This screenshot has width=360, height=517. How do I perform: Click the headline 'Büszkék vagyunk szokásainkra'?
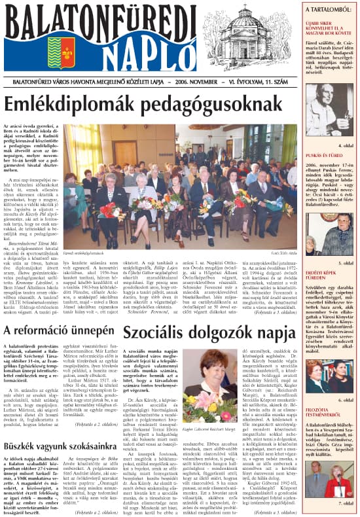59,446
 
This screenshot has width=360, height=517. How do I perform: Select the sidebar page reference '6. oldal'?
344,400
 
